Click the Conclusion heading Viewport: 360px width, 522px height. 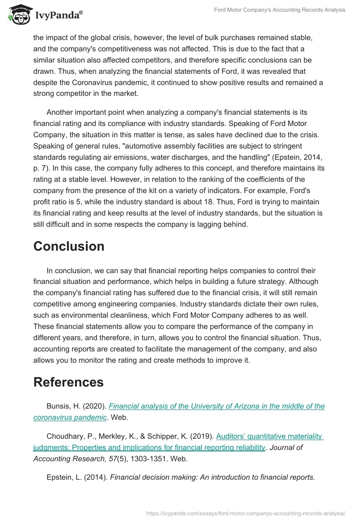pos(69,246)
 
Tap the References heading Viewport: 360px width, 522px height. pos(68,382)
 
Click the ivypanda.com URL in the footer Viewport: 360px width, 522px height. pos(246,513)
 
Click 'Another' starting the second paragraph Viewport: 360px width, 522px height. pos(61,112)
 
